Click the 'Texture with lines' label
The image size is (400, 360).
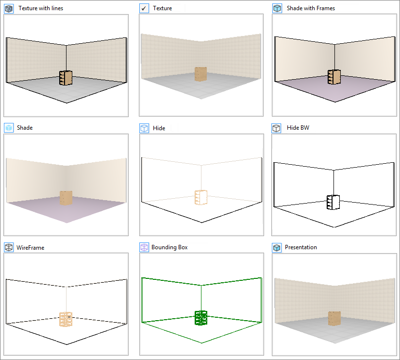click(x=40, y=8)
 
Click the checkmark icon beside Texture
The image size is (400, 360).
click(x=144, y=8)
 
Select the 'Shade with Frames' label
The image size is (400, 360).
click(x=311, y=8)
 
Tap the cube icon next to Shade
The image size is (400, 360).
click(x=9, y=128)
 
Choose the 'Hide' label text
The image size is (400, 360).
click(x=159, y=128)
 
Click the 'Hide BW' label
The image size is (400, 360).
click(x=298, y=128)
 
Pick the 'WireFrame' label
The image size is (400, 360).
click(x=31, y=248)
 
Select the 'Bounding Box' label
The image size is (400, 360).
click(x=169, y=247)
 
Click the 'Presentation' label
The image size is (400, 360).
click(x=301, y=247)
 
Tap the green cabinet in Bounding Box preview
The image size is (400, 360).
click(x=201, y=318)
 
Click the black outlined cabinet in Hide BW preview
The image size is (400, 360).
click(x=333, y=202)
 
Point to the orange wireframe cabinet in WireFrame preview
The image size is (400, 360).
click(x=67, y=319)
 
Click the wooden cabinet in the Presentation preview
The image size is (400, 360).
click(x=334, y=319)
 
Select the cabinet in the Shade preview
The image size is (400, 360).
click(x=66, y=198)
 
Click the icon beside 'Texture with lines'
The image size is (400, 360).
click(x=9, y=8)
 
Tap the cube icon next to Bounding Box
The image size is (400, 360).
click(x=144, y=247)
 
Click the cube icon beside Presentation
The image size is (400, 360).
click(x=277, y=247)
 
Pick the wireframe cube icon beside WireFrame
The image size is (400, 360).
click(x=9, y=247)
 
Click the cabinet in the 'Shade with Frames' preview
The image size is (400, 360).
click(x=333, y=77)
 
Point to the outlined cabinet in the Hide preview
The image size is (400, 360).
click(x=200, y=197)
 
